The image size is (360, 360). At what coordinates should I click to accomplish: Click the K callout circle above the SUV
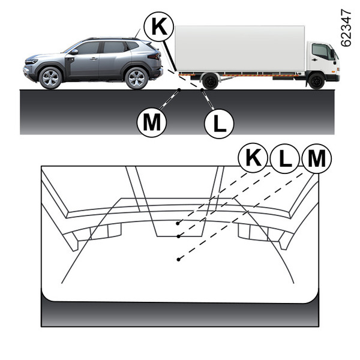coord(158,26)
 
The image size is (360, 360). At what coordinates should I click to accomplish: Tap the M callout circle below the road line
coord(152,122)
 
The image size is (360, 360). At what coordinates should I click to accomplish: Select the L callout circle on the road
coord(219,124)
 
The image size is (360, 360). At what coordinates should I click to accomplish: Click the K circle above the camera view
coord(253,158)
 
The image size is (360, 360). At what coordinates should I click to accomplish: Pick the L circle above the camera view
coord(284,158)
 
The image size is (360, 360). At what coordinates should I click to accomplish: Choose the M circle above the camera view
coord(317,158)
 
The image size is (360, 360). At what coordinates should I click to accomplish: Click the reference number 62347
coord(346,28)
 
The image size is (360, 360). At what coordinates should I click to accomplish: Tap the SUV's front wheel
coord(50,78)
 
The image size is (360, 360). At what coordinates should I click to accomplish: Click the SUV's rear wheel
coord(137,78)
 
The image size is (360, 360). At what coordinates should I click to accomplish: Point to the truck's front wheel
coord(316,81)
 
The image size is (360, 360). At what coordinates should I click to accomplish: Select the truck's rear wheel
coord(210,81)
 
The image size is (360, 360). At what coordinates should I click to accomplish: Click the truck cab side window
coord(322,52)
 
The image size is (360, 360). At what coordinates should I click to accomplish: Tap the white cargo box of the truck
coord(240,48)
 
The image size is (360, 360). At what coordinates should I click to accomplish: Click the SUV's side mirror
coord(74,52)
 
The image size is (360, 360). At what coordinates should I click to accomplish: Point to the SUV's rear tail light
coord(154,56)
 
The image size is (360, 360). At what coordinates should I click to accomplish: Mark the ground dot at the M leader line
coord(179,89)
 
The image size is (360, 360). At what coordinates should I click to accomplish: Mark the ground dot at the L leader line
coord(202,89)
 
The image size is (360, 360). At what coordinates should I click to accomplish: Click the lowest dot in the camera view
coord(178,259)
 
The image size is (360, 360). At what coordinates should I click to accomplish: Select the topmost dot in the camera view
coord(178,223)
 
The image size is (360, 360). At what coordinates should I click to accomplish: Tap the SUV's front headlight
coord(32,61)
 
